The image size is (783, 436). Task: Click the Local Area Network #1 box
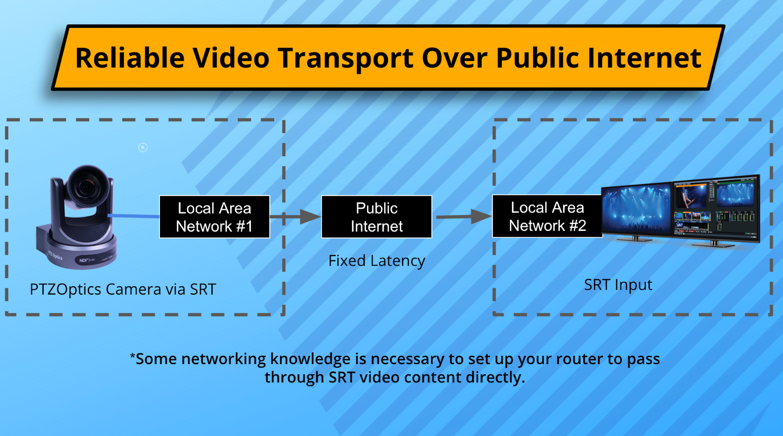(215, 217)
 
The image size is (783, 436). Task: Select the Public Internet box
(376, 217)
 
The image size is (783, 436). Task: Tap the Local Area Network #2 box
(547, 216)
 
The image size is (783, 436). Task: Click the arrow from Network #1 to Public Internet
(296, 217)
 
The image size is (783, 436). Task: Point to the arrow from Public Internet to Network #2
(464, 216)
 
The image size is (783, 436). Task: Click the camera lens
(86, 187)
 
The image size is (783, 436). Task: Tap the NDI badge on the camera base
(87, 260)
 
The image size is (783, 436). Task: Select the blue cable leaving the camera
(134, 216)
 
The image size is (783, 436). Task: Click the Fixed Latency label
(376, 261)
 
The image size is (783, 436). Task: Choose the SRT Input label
(618, 285)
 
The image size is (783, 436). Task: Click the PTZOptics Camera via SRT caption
(123, 290)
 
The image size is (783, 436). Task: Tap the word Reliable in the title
(130, 58)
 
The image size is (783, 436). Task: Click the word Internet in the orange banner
(644, 58)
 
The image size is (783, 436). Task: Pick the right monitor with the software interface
(716, 210)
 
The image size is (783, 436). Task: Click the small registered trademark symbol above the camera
(142, 148)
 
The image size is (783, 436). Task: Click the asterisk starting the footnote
(133, 356)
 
